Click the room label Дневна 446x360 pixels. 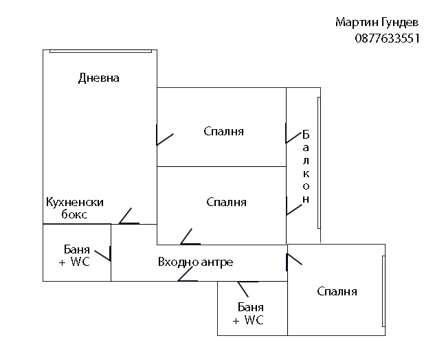[99, 78]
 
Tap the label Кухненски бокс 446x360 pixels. [74, 208]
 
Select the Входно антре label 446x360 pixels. [195, 262]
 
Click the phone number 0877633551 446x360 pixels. [388, 38]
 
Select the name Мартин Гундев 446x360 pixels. [377, 23]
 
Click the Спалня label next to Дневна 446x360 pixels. [224, 131]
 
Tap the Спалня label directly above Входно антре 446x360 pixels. [226, 202]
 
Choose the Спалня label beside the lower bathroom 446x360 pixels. [337, 291]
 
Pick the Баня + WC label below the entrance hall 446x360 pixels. [249, 314]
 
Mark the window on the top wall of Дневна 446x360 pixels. [100, 50]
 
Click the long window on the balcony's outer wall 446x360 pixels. [319, 164]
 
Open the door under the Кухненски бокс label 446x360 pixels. [128, 217]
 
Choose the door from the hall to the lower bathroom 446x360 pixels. [247, 282]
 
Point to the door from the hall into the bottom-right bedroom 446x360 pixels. [293, 259]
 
